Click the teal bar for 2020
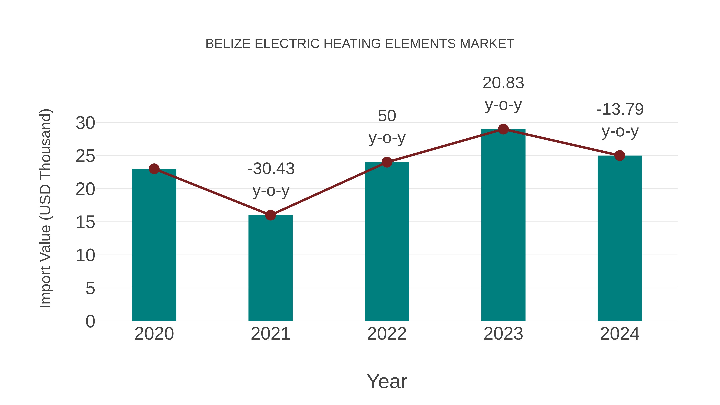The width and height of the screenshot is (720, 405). coord(154,246)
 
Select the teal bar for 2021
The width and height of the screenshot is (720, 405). coord(270,268)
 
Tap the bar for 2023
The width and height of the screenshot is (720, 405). coord(503,226)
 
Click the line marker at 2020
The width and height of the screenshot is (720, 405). coord(154,169)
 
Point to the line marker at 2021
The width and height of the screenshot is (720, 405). coord(270,215)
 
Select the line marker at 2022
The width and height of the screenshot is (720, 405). coord(387,162)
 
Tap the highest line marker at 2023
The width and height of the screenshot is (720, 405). coord(503,129)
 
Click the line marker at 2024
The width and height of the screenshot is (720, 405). coord(620,156)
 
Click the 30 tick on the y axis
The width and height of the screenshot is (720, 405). coord(85,123)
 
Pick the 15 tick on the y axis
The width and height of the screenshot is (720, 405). coord(85,222)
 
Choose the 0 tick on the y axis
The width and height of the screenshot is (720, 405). coord(90,321)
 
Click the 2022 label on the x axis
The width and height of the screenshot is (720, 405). coord(387,334)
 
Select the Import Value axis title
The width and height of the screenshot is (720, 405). coord(45,208)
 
